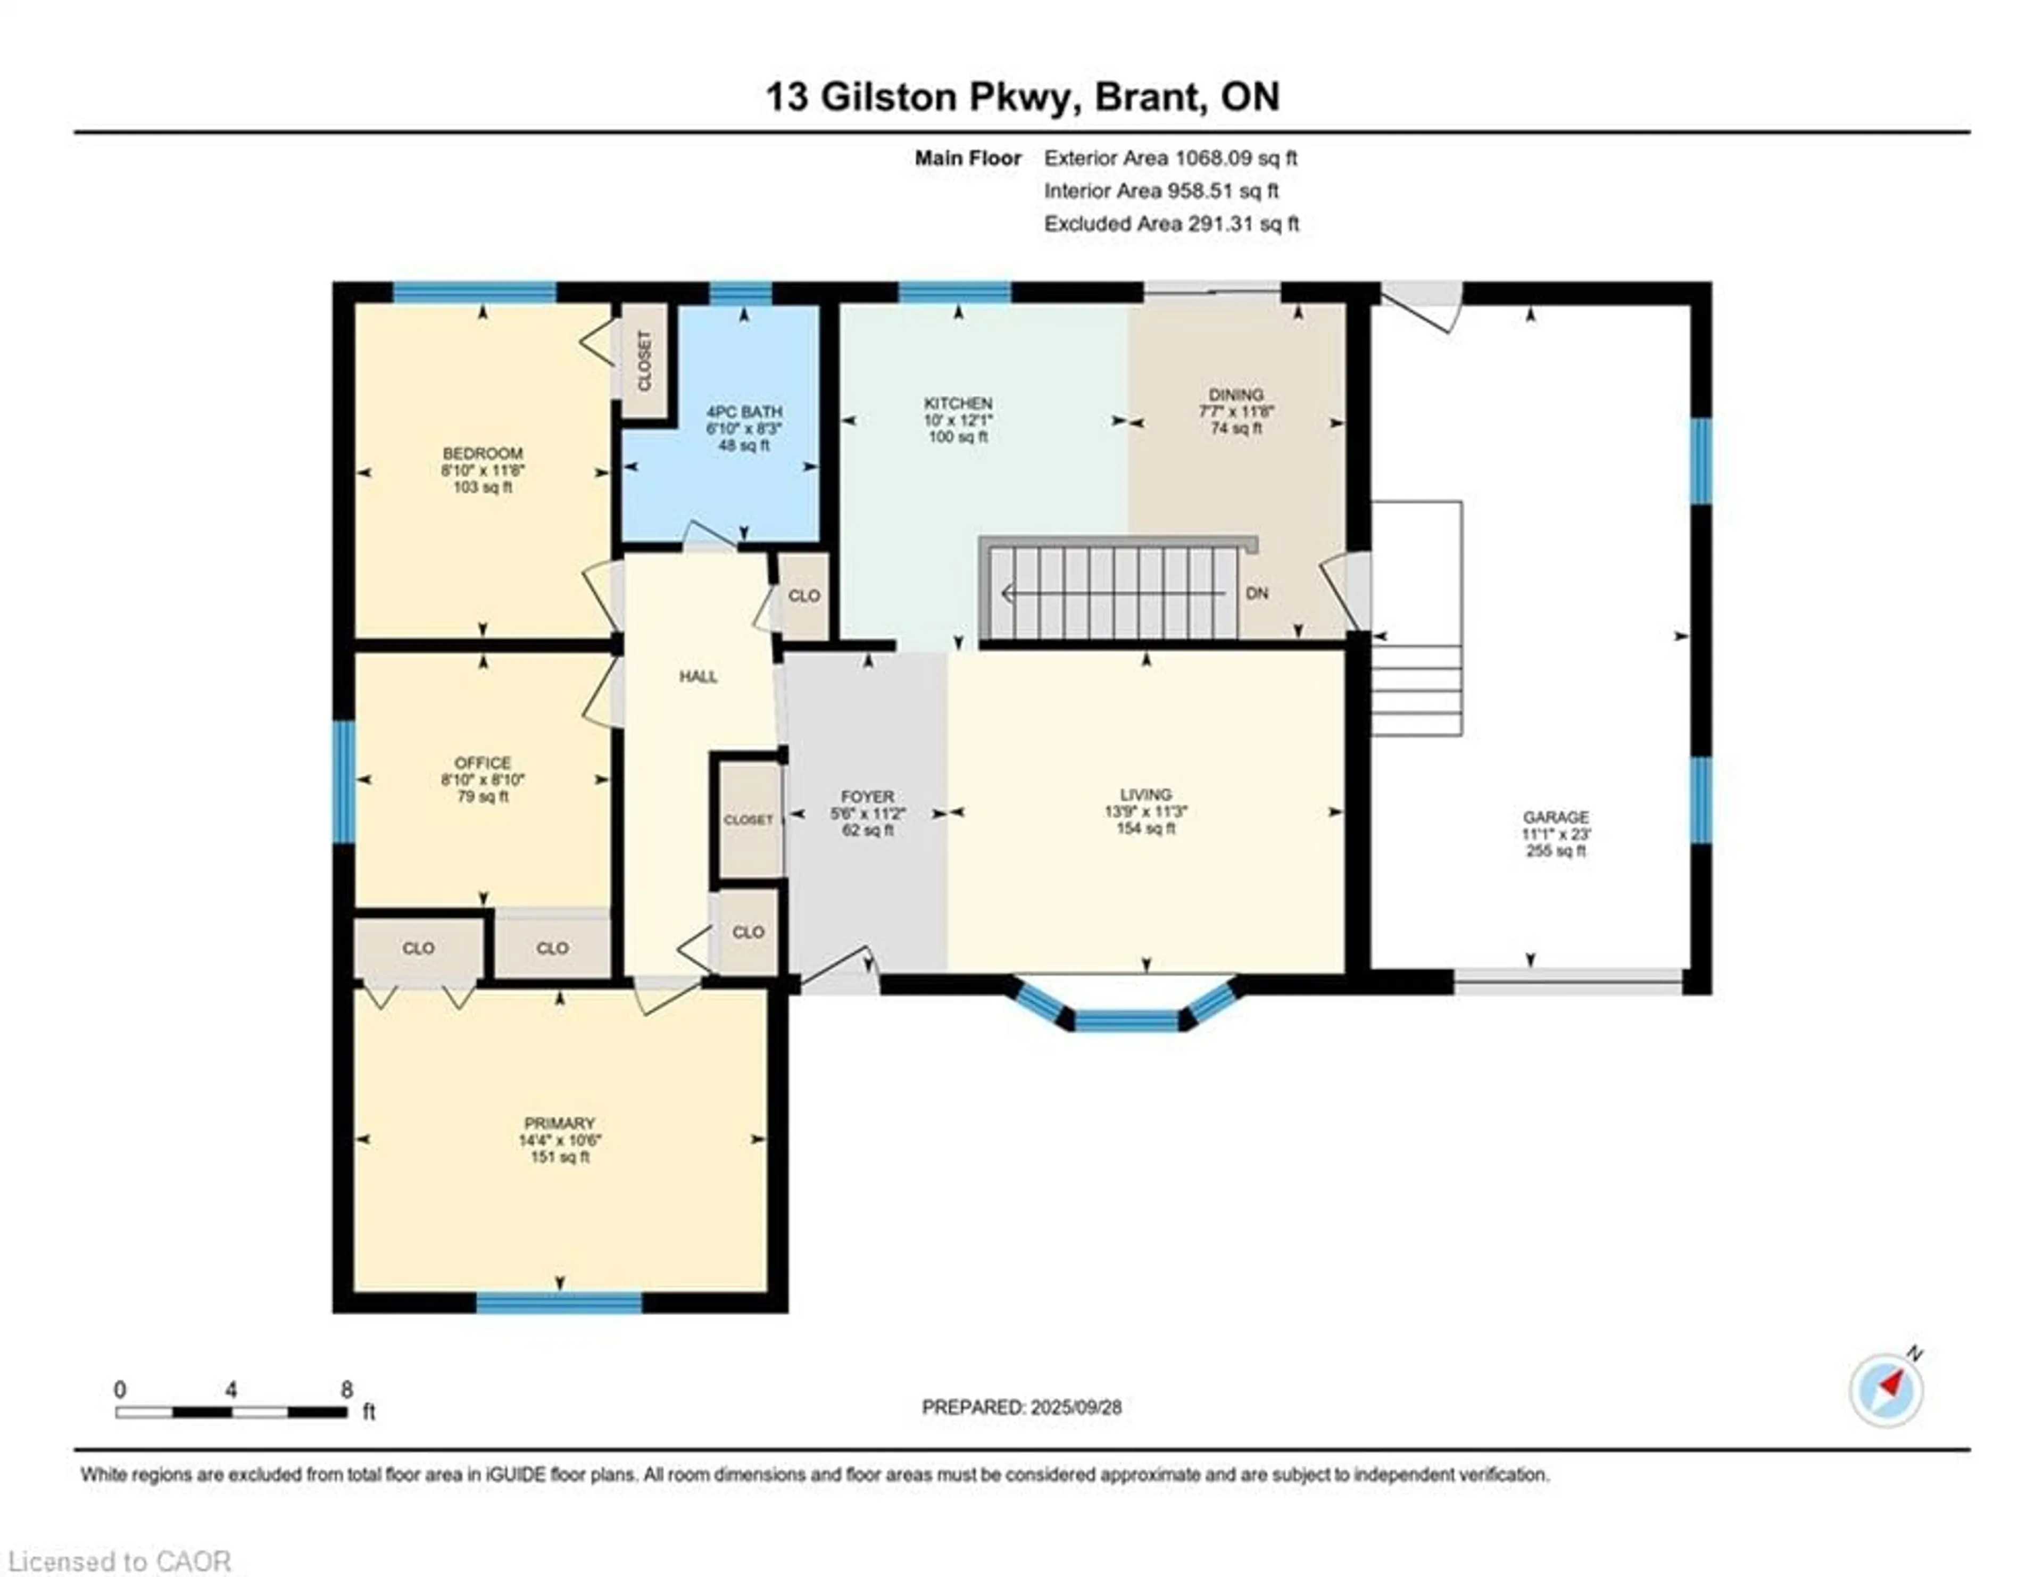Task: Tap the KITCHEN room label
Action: click(x=958, y=403)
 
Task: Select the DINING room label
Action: click(x=1236, y=395)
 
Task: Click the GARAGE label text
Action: click(x=1556, y=817)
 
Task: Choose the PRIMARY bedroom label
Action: click(x=559, y=1123)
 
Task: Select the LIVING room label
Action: click(x=1146, y=795)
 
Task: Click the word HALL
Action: click(x=699, y=676)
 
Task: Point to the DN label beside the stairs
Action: click(x=1257, y=593)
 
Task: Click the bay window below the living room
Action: click(x=1127, y=1012)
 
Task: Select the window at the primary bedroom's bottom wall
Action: click(x=559, y=1302)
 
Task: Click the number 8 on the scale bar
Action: click(x=347, y=1389)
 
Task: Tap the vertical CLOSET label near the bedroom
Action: click(x=644, y=361)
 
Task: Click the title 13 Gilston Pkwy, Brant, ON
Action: click(x=1023, y=96)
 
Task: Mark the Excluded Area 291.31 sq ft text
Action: click(x=1171, y=223)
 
